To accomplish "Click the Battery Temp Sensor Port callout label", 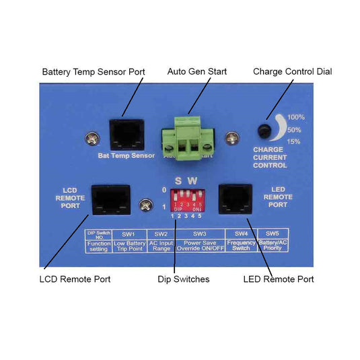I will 93,71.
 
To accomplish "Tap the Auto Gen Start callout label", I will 196,71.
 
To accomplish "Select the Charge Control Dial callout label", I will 292,71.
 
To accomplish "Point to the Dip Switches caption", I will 184,279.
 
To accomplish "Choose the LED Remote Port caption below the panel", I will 278,279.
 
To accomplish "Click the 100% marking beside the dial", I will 296,117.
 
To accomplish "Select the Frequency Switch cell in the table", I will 241,244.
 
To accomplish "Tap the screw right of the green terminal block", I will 231,138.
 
